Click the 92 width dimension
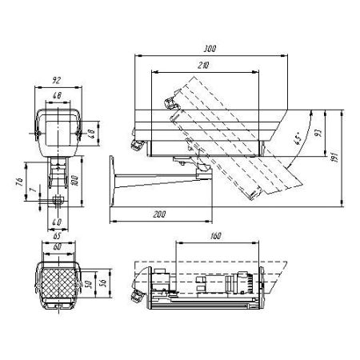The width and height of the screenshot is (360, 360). click(56, 80)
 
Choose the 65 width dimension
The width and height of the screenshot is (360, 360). click(56, 238)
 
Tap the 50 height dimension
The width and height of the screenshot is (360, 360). click(93, 282)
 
